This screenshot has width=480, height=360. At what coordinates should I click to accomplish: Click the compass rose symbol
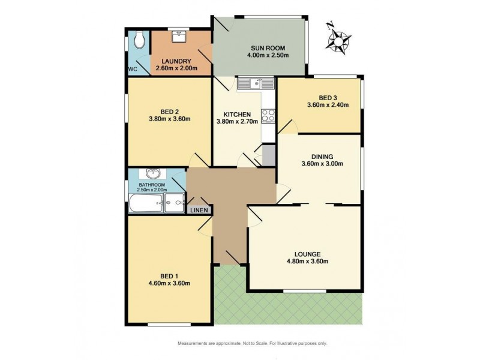340,38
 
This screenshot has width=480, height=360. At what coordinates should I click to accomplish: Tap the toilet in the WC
140,40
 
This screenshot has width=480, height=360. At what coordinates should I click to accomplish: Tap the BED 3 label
328,97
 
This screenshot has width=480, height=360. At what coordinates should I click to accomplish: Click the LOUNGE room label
307,253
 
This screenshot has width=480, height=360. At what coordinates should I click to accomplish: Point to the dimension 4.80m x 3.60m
307,261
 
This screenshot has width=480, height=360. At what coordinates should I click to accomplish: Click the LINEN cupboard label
199,210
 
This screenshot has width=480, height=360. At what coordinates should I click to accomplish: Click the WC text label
133,69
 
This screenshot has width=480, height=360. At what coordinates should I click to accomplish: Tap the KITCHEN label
236,113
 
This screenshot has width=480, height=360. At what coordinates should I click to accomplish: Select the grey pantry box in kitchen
268,154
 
